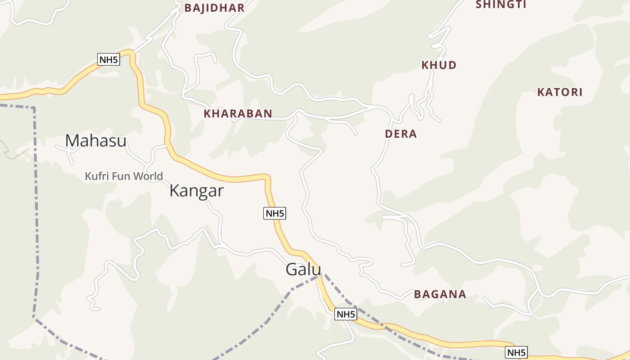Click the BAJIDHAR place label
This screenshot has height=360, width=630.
pos(214,8)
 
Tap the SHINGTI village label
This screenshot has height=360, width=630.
pos(501,4)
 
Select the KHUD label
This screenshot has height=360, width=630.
pos(439,65)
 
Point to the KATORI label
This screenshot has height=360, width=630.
pos(560,92)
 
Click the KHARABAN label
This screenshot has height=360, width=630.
pos(238,114)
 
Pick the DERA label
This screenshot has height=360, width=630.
pos(401,134)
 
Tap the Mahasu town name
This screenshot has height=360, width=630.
pos(96,141)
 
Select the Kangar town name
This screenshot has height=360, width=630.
pos(196,191)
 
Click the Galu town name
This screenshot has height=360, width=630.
pos(303,270)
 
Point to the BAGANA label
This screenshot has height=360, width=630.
pos(440,294)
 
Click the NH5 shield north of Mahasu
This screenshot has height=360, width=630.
pos(108,59)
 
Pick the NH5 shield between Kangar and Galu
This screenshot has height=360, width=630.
pos(274,213)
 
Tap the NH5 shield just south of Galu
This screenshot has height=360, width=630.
pos(346,315)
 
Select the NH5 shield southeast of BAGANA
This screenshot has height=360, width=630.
pos(516,353)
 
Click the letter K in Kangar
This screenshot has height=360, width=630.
pos(174,191)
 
